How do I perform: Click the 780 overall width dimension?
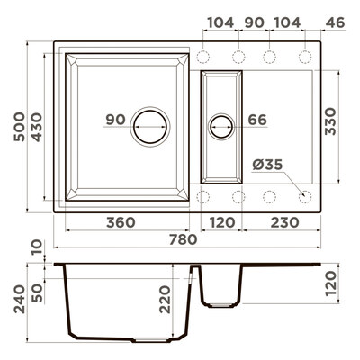pos(184,239)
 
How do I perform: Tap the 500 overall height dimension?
pos(20,127)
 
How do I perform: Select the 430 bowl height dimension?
pos(37,127)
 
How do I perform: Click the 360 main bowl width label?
pos(121,222)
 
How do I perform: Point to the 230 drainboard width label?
pos(285,222)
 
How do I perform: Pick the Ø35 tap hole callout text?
pos(267,165)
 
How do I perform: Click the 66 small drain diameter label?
pos(257,120)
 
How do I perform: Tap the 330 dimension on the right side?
pos(331,121)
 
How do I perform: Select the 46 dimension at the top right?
pos(336,22)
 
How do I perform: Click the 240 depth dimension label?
pos(20,299)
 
